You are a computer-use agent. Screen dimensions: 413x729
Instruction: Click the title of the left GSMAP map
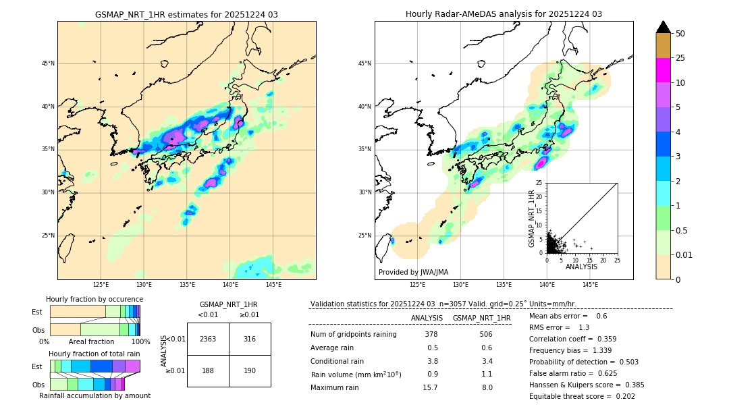pos(186,14)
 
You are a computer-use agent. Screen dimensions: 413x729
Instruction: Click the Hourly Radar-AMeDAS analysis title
pos(504,14)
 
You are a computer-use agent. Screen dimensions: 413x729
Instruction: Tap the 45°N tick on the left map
pos(48,63)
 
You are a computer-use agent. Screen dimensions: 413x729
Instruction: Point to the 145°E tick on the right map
pos(589,285)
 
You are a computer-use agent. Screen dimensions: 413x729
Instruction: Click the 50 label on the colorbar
pos(681,34)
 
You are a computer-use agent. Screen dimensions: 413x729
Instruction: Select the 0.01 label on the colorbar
pos(684,254)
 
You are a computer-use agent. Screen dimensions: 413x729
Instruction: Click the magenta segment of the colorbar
pos(663,70)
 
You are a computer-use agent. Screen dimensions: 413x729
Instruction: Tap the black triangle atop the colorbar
pos(663,27)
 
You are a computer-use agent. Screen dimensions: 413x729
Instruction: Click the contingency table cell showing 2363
pos(208,339)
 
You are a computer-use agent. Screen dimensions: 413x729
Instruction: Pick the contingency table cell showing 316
pos(250,339)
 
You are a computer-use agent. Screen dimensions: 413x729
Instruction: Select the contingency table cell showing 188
pos(208,370)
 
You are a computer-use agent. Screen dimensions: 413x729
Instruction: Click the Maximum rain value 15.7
pos(430,387)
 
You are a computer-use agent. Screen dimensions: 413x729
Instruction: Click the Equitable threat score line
pos(582,396)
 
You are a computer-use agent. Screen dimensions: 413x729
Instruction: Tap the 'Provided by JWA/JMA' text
pos(413,272)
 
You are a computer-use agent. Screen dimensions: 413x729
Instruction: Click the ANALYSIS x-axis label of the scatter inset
pos(581,267)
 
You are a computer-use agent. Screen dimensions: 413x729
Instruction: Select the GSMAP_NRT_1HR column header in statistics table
pos(481,318)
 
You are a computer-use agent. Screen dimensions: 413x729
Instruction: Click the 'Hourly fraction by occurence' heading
pos(94,299)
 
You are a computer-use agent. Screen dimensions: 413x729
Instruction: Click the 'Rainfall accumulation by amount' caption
pos(94,395)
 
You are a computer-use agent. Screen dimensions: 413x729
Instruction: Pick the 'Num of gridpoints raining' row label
pos(353,334)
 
